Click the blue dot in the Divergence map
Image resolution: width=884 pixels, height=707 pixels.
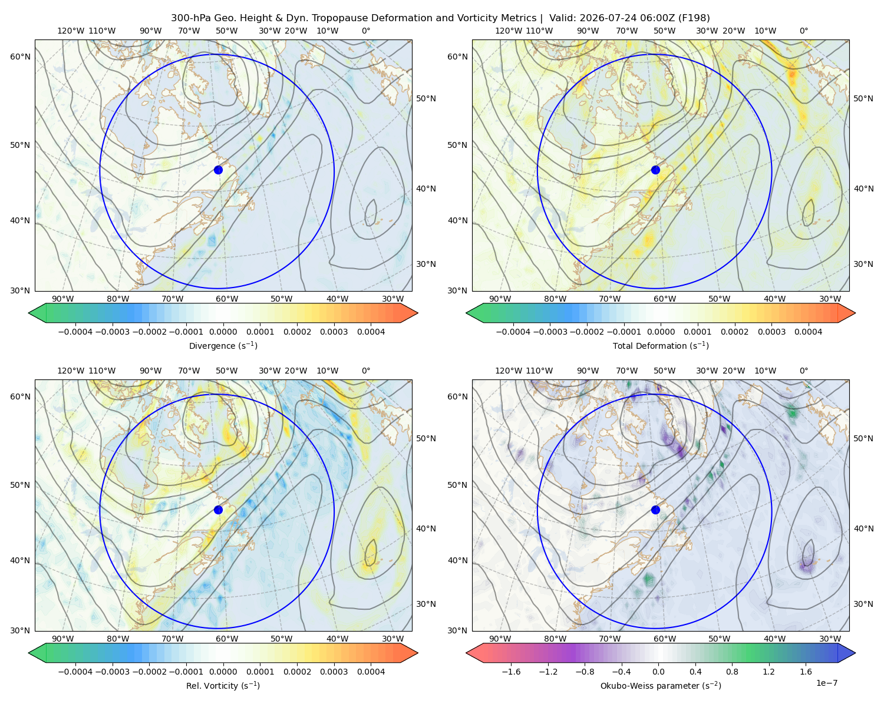pos(218,170)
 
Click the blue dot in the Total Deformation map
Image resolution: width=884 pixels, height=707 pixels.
pos(655,170)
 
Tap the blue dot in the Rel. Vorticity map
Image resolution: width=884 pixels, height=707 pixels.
pos(218,510)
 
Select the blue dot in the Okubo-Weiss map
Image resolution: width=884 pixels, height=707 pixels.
pos(655,510)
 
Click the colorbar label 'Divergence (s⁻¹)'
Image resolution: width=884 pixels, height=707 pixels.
pos(223,346)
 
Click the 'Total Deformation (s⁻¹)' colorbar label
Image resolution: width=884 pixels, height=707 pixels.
pos(661,346)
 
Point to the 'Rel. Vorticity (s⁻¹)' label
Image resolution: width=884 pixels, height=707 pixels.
pos(223,686)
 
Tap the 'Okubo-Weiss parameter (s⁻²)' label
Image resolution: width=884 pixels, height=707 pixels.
pos(661,686)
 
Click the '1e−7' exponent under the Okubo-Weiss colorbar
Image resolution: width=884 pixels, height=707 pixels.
pos(826,683)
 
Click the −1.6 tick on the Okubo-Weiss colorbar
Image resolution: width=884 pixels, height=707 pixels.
pos(511,672)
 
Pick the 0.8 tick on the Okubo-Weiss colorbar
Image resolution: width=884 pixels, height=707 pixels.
pos(732,672)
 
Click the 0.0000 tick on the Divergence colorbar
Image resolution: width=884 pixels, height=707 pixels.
pos(223,332)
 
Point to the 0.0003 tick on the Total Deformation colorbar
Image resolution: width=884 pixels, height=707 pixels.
pos(771,332)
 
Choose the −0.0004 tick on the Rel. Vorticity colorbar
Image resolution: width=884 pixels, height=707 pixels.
pos(75,672)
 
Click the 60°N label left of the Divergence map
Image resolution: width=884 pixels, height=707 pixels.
pos(20,57)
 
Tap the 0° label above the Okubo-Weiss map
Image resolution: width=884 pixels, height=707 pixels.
pos(803,371)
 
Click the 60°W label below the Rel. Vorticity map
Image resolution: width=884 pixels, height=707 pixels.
pos(227,639)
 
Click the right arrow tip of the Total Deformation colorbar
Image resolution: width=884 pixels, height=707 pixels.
pos(855,313)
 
